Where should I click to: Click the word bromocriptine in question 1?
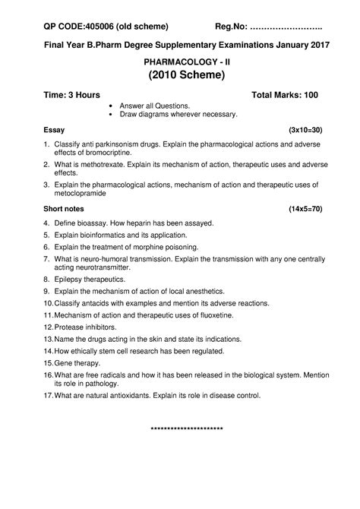click(x=102, y=153)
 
